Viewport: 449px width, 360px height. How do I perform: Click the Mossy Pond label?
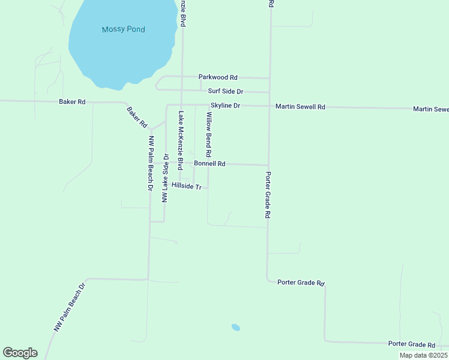coord(124,29)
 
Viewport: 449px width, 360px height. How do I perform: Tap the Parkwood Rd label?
coord(218,77)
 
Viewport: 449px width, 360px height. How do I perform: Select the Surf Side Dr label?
coord(225,91)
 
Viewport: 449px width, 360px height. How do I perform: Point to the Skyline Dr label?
coord(225,106)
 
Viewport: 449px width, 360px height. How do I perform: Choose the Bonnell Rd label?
coord(209,163)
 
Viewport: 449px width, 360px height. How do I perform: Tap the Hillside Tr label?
coord(185,186)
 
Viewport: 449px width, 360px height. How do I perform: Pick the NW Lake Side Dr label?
coord(165,178)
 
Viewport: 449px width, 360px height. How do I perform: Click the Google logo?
coord(20,352)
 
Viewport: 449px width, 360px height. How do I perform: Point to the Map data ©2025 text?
coord(423,355)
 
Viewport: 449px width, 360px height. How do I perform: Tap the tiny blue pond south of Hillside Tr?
coord(236,328)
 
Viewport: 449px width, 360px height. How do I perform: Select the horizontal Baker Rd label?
coord(72,102)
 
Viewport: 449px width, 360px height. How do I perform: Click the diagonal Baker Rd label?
coord(137,117)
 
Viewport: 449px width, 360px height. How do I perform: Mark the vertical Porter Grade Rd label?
coord(268,195)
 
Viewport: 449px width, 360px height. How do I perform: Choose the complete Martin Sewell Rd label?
coord(300,107)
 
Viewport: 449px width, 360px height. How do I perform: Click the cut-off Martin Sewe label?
coord(430,109)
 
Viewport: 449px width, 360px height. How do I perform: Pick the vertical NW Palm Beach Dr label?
coord(151,162)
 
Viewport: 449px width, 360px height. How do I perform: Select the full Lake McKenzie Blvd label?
coord(179,140)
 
